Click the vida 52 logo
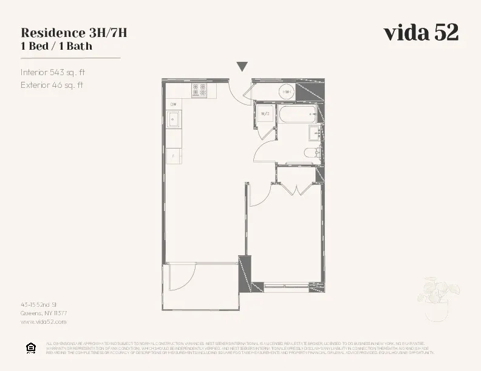[x=420, y=33]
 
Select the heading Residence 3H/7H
[x=73, y=33]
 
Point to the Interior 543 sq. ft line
[x=53, y=72]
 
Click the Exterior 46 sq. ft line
[x=51, y=85]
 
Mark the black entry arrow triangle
[x=242, y=67]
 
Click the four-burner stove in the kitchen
[x=199, y=90]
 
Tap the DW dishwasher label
[x=173, y=105]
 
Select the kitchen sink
[x=174, y=120]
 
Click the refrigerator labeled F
[x=174, y=156]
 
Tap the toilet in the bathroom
[x=312, y=153]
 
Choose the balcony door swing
[x=182, y=278]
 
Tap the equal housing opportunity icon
[x=30, y=347]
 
